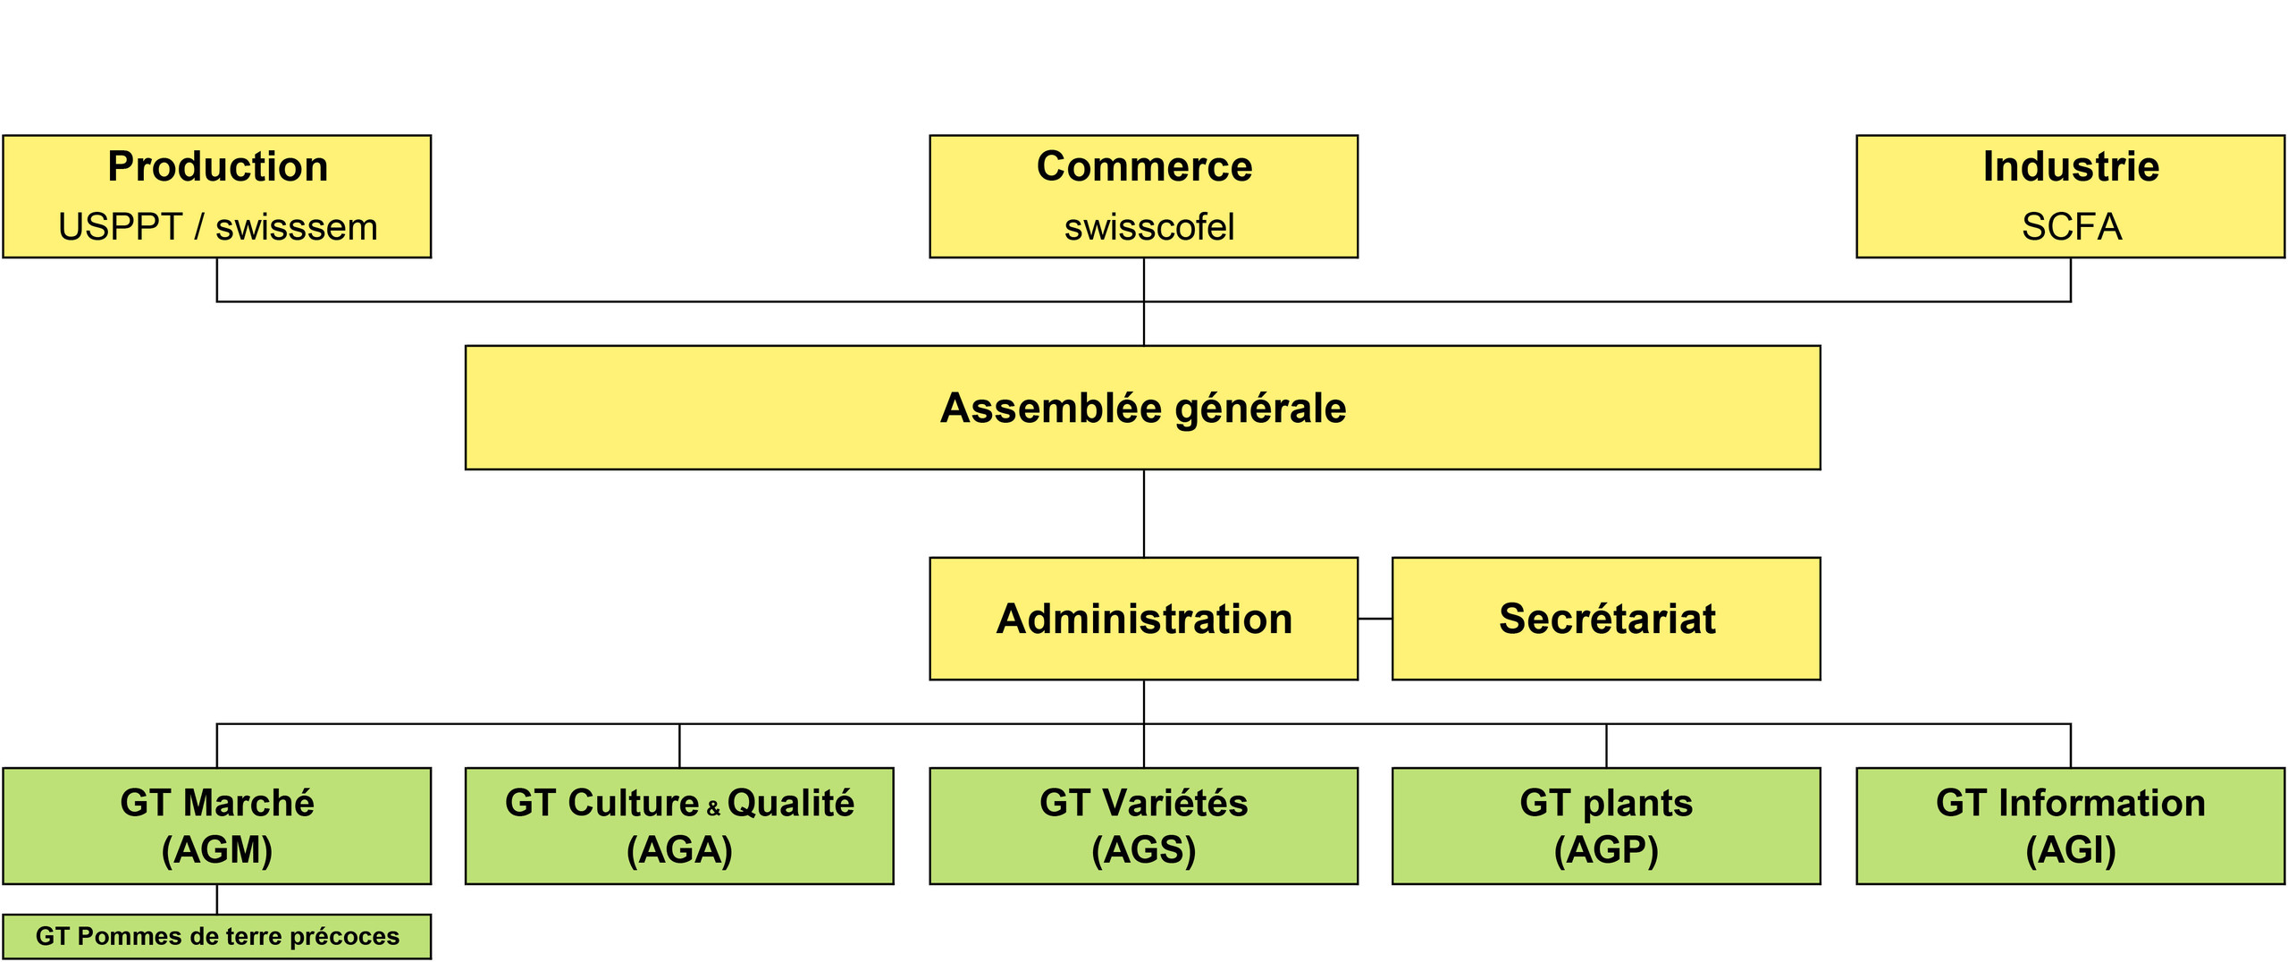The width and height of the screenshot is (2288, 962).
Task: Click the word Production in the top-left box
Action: pos(218,167)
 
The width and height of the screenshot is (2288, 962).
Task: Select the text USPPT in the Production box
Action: pos(120,227)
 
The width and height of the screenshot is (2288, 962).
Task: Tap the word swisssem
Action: pos(297,227)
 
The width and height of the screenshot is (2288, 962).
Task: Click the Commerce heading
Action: pos(1144,167)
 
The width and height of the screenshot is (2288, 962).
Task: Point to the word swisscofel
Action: pos(1149,227)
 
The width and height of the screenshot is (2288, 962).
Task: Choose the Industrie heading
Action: pos(2071,167)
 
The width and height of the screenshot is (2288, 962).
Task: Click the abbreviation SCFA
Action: pos(2072,227)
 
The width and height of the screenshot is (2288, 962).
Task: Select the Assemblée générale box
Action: pos(1143,408)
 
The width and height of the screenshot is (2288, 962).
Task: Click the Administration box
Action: pos(1144,619)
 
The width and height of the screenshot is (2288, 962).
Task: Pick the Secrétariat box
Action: pos(1606,619)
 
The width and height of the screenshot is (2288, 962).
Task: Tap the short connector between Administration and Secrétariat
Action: pos(1375,619)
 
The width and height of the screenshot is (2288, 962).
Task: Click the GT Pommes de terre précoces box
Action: pos(217,936)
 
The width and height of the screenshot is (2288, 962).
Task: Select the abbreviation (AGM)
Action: pos(217,849)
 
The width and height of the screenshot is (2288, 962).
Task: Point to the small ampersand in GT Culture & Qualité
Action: pos(713,809)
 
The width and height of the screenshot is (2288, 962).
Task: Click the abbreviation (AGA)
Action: pos(679,849)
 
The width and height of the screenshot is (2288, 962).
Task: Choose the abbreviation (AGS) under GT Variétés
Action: pos(1144,849)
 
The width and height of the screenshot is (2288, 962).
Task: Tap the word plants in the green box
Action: pos(1637,804)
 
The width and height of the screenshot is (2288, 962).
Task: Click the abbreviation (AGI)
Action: pos(2071,849)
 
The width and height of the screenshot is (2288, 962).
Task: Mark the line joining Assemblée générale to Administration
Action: pos(1144,514)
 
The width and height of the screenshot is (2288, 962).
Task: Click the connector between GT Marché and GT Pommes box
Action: pos(217,899)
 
